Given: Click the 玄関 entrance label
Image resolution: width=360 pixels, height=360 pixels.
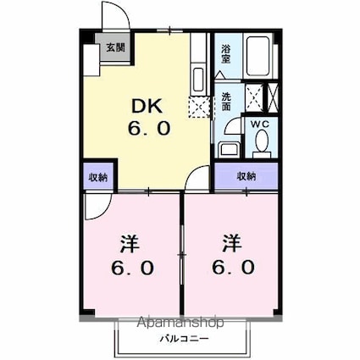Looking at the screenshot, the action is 115,47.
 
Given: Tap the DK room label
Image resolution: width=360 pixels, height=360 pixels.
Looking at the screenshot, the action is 147,106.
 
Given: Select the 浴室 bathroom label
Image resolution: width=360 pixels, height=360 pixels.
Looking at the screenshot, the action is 225,53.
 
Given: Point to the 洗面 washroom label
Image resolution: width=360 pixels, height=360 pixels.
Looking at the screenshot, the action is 225,102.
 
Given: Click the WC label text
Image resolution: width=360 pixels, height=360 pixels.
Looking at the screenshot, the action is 260,124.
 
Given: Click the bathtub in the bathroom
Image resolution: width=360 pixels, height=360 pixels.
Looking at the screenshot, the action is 258,56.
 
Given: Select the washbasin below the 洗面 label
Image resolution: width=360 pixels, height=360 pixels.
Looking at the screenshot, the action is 229,149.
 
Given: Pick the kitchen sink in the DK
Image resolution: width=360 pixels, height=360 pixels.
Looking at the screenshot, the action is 197,80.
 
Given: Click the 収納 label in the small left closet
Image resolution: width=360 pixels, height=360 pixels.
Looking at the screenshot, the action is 98,177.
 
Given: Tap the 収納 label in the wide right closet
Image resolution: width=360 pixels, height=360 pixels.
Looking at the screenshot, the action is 246,176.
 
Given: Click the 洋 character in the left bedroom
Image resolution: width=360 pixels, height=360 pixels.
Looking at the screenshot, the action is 130,244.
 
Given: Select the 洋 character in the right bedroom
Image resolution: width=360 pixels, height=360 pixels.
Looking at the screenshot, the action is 231,243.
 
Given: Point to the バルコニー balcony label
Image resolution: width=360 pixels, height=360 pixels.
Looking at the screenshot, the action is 185,338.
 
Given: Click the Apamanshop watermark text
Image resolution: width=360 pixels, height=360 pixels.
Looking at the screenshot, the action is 180,322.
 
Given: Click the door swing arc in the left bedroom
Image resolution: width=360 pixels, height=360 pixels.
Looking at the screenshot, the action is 105,210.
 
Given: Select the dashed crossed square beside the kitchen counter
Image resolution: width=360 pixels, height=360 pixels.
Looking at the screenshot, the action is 200,107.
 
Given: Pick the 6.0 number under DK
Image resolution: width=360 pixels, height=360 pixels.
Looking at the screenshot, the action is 149,128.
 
